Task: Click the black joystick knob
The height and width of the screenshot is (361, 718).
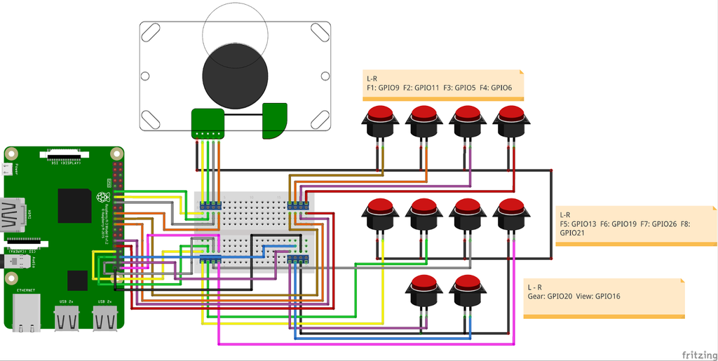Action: point(236,76)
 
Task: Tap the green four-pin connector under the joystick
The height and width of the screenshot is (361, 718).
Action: point(208,123)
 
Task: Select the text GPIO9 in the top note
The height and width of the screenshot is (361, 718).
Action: point(388,88)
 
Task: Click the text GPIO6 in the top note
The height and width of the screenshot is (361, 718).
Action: point(501,88)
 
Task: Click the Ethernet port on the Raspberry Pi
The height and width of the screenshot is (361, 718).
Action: point(27,308)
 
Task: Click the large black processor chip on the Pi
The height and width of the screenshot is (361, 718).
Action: point(74,204)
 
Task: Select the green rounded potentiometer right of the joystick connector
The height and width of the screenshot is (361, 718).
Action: point(275,120)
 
